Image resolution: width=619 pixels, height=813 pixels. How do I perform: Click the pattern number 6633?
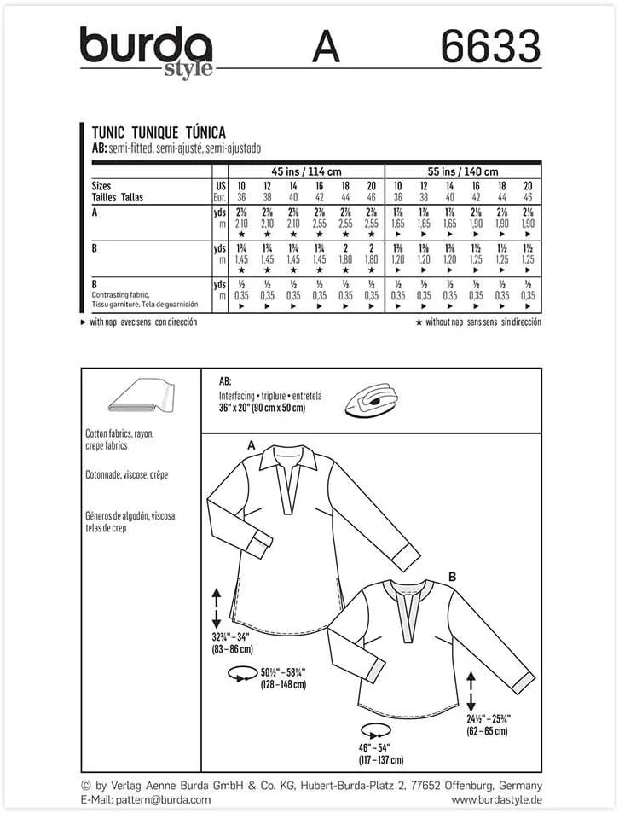490,46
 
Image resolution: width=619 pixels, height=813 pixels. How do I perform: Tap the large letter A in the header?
326,47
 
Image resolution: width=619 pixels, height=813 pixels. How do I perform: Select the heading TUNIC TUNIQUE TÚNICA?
158,133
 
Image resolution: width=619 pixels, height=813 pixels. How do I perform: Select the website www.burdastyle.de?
496,799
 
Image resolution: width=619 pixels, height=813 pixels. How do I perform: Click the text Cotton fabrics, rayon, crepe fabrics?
118,438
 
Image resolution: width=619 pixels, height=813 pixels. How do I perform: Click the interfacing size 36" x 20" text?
256,407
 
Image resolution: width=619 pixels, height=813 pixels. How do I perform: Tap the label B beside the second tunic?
453,578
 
